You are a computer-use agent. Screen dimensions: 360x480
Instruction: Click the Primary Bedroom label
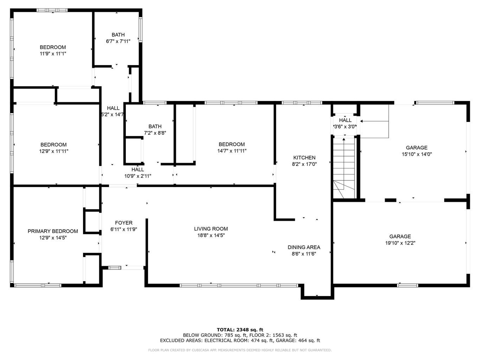click(53, 231)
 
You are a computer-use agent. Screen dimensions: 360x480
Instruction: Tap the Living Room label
click(211, 229)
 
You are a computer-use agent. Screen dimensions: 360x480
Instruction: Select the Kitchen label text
click(304, 157)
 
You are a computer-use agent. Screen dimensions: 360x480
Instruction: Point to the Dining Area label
click(304, 247)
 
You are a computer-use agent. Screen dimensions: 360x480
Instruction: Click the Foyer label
click(124, 223)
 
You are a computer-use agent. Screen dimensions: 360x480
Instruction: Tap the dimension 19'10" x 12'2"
click(400, 243)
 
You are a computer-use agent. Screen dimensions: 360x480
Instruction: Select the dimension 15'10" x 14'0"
click(417, 154)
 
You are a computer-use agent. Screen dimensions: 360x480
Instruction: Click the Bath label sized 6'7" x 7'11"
click(118, 34)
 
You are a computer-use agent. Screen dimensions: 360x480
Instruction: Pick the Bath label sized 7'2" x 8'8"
click(155, 126)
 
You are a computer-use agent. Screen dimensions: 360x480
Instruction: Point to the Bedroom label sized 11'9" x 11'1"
click(53, 47)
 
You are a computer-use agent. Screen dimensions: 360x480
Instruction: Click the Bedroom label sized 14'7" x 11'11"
click(231, 144)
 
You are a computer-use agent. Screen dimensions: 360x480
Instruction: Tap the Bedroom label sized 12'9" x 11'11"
click(53, 144)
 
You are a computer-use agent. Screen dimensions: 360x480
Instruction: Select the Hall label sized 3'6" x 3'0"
click(345, 120)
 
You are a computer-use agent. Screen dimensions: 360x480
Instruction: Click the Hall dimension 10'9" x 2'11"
click(138, 176)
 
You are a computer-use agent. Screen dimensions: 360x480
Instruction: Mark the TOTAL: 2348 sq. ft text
click(240, 330)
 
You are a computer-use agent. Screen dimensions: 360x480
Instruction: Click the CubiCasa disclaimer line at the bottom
click(240, 350)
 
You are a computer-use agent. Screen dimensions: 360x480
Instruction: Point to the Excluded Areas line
click(240, 340)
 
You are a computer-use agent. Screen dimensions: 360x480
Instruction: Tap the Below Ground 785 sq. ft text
click(204, 335)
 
